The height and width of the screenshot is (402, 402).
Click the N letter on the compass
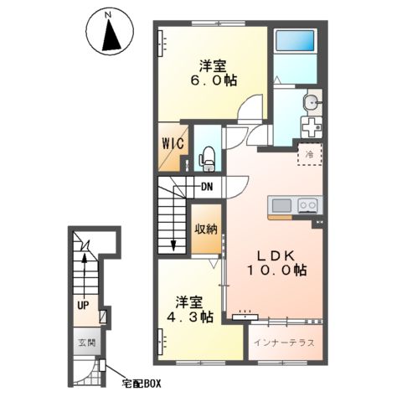coord(109,15)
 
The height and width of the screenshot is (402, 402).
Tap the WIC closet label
coord(173,143)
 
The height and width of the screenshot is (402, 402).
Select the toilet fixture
coord(207,158)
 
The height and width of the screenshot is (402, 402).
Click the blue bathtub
coord(295,40)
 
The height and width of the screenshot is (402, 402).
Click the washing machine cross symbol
coord(312,127)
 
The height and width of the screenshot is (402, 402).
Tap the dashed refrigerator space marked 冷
coord(310,154)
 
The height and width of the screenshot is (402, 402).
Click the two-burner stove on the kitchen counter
coord(308,206)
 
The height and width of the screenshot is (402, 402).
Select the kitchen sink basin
coord(281,206)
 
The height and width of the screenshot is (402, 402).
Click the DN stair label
coord(207,187)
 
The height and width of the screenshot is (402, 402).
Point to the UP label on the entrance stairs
coord(83,306)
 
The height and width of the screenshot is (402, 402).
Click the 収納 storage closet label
coord(206,229)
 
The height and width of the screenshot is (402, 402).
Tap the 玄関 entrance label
coord(86,343)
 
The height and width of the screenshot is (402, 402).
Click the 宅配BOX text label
coord(142,384)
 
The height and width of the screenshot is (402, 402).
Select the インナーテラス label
coord(284,343)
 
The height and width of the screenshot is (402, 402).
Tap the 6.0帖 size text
coord(214,80)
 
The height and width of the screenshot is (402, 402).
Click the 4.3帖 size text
coord(189,317)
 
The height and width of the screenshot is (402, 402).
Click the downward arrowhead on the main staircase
coord(173,246)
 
